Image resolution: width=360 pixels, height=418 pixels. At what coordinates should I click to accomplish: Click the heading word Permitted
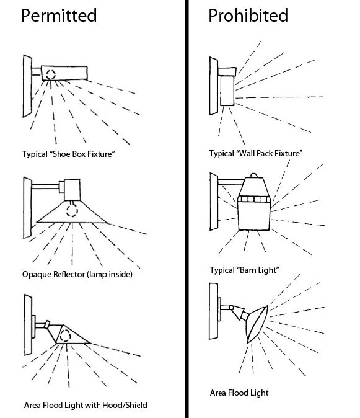[59, 16]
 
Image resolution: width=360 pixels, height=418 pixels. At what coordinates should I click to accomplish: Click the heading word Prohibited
[248, 16]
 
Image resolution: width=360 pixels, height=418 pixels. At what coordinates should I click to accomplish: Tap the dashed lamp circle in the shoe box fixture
[51, 74]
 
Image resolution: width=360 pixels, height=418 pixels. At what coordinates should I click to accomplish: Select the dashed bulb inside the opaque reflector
[72, 209]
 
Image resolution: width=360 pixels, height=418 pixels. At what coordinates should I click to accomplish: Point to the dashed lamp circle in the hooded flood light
[65, 336]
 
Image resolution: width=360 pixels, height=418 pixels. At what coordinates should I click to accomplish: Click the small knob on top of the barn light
[254, 176]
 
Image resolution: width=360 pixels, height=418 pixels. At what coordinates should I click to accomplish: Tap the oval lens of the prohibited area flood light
[257, 324]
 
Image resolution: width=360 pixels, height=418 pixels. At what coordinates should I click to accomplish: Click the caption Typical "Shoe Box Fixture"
[68, 154]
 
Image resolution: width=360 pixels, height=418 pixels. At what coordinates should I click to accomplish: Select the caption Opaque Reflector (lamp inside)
[77, 274]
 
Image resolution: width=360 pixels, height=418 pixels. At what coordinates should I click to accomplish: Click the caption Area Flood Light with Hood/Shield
[86, 405]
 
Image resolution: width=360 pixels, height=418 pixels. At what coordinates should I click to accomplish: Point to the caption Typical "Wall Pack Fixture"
[256, 154]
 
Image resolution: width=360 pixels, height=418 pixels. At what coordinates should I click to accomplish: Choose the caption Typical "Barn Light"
[244, 270]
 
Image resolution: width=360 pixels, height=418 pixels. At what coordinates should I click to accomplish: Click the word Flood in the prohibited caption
[239, 393]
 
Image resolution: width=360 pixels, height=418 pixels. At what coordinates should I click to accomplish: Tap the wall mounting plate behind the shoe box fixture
[27, 86]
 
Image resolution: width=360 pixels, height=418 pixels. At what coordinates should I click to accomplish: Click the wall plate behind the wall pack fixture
[214, 86]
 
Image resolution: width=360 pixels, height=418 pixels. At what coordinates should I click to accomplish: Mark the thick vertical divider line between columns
[187, 209]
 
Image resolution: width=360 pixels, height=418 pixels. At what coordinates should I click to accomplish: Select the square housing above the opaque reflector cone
[72, 190]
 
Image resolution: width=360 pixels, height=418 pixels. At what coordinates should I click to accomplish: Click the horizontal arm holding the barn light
[231, 182]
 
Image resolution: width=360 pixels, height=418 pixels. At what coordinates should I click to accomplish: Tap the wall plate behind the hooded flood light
[28, 325]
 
